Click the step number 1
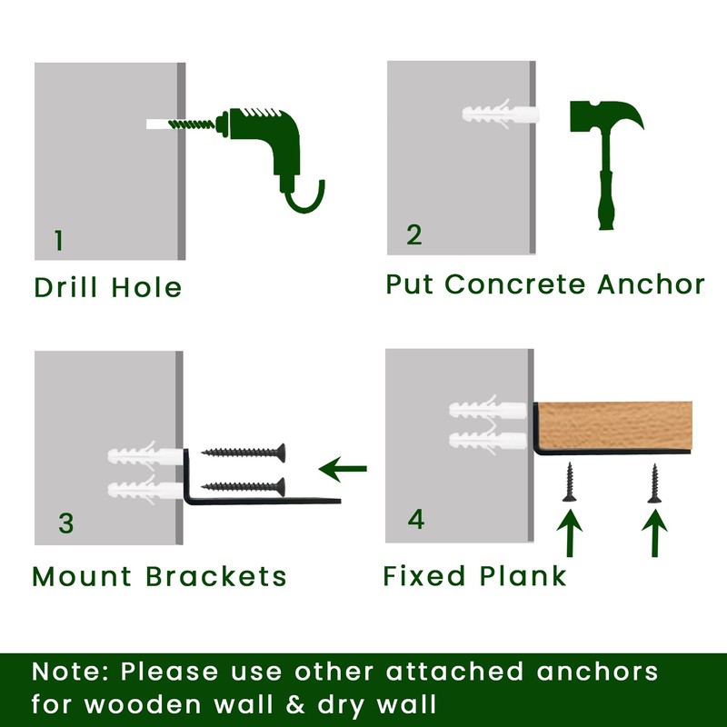59,241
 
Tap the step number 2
414,235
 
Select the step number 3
65,523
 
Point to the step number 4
415,519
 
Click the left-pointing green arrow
344,469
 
